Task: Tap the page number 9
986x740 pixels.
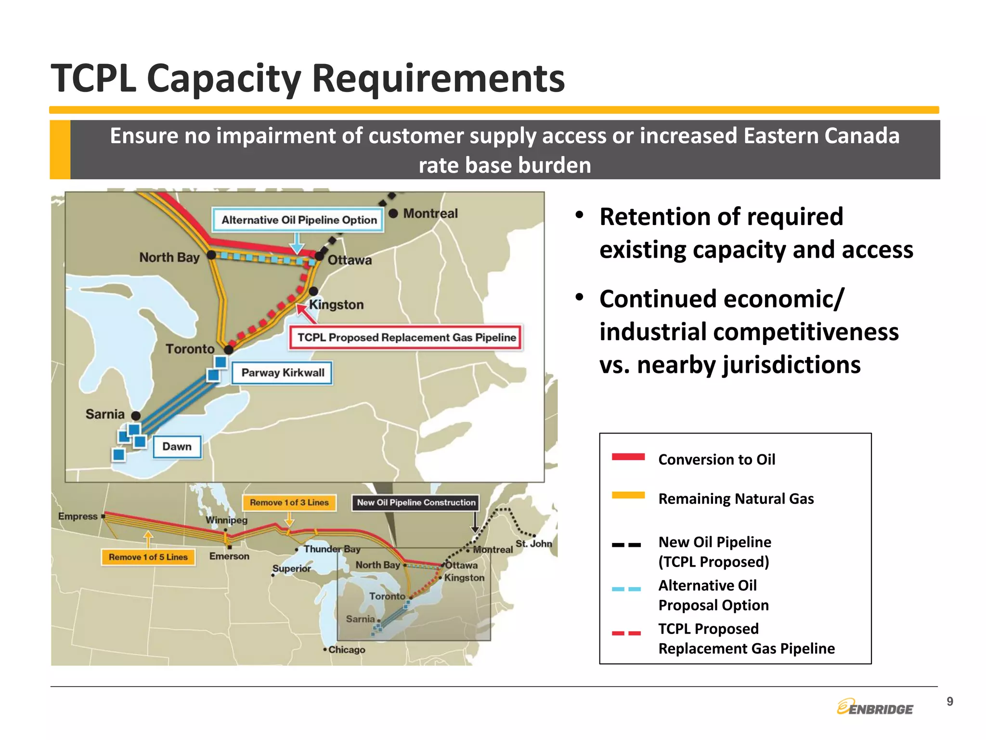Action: (949, 701)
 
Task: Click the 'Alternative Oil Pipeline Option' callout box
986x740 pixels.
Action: (298, 220)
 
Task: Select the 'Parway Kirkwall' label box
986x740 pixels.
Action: (283, 373)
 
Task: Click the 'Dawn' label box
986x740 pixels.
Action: (177, 447)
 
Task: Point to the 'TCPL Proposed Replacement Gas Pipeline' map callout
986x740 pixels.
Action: (406, 337)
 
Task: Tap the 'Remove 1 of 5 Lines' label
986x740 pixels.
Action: (148, 557)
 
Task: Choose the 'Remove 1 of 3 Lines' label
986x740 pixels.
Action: (289, 502)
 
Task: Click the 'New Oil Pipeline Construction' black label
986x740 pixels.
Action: (416, 502)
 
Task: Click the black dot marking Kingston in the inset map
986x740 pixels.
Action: (313, 291)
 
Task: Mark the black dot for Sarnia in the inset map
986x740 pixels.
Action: (136, 415)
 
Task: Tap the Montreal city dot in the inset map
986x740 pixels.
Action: (393, 213)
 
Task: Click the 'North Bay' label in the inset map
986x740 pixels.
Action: (169, 257)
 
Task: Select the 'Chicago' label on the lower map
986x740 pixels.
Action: (347, 649)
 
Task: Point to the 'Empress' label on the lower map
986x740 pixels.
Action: (78, 516)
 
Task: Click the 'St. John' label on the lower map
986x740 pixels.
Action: (533, 543)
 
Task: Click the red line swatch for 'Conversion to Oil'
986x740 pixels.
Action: (628, 457)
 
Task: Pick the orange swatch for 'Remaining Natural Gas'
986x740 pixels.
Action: (628, 495)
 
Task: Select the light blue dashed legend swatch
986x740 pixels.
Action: (626, 589)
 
